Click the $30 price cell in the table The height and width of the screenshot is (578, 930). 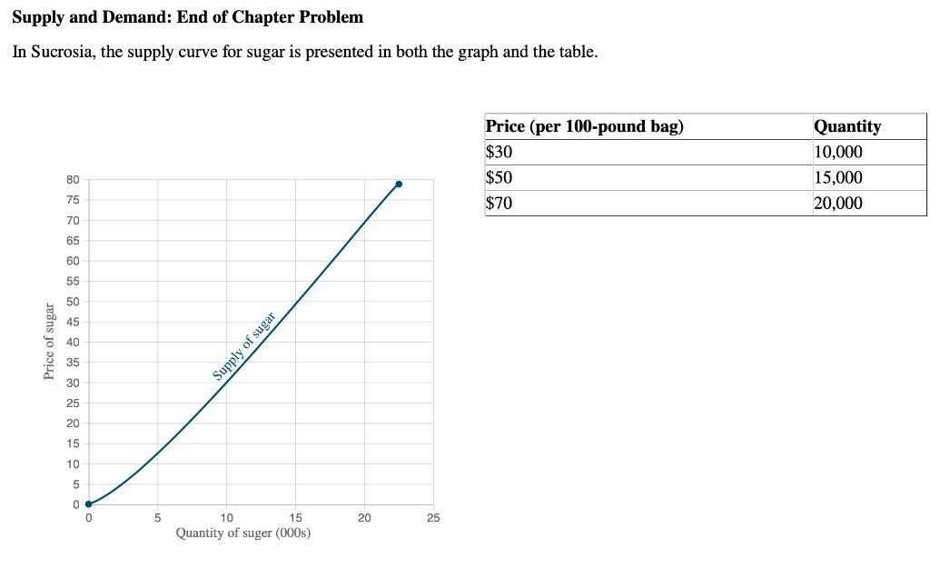coord(500,152)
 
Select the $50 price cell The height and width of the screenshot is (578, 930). coord(500,177)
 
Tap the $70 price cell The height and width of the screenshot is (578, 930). coord(500,203)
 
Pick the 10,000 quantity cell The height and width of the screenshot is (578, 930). coord(838,152)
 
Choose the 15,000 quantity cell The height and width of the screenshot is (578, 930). coord(838,177)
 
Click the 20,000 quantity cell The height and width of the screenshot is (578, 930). coord(838,203)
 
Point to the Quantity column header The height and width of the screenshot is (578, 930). coord(847,126)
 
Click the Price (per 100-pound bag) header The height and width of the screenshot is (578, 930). coord(585,126)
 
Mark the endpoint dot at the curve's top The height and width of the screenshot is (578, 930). coord(399,184)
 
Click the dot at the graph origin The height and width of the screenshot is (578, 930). coord(88,503)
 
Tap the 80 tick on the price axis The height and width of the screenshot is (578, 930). coord(73,180)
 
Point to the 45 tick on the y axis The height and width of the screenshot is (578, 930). coord(73,322)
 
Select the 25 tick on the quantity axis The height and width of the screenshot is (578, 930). coord(433,518)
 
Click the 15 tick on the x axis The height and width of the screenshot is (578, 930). coord(295,518)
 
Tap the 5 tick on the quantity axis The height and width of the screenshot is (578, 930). coord(157,518)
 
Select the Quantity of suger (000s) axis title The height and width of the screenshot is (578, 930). coord(243,533)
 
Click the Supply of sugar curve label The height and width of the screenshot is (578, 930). coord(244,344)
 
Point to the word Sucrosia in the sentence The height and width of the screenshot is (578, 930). coord(64,52)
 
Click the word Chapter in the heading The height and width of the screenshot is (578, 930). coord(254,17)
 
